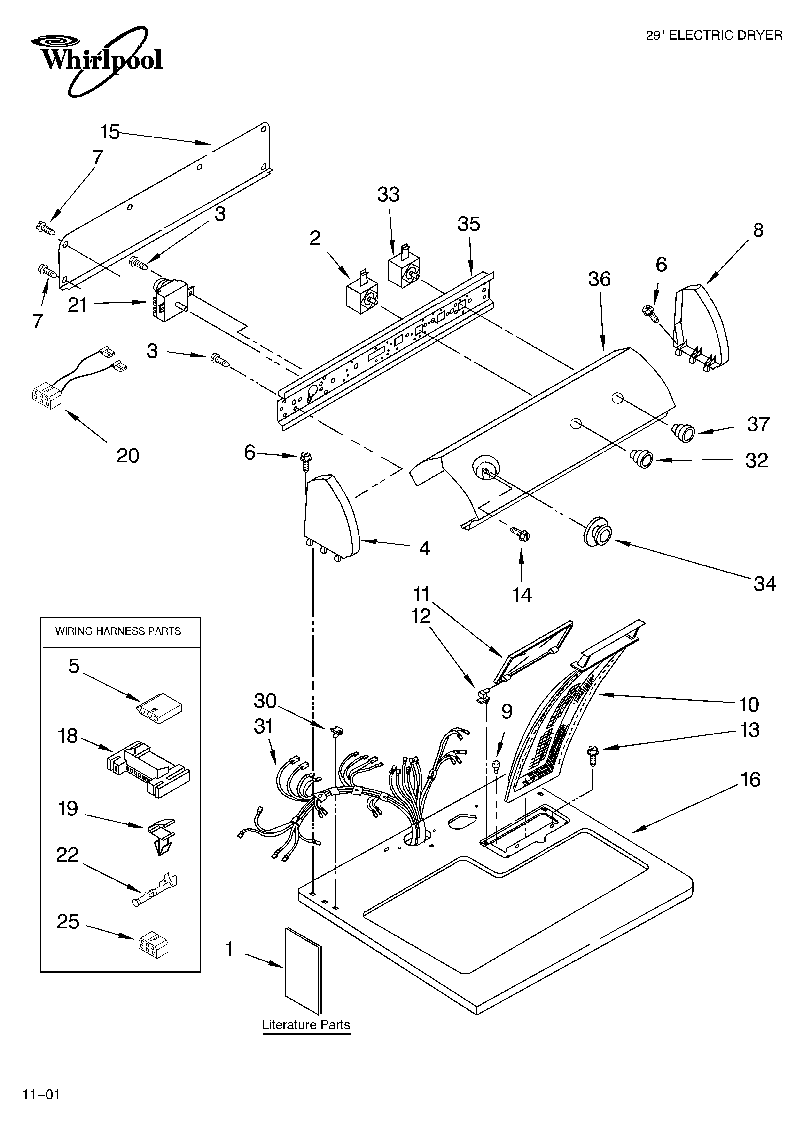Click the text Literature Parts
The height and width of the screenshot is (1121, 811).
coord(306,1025)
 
